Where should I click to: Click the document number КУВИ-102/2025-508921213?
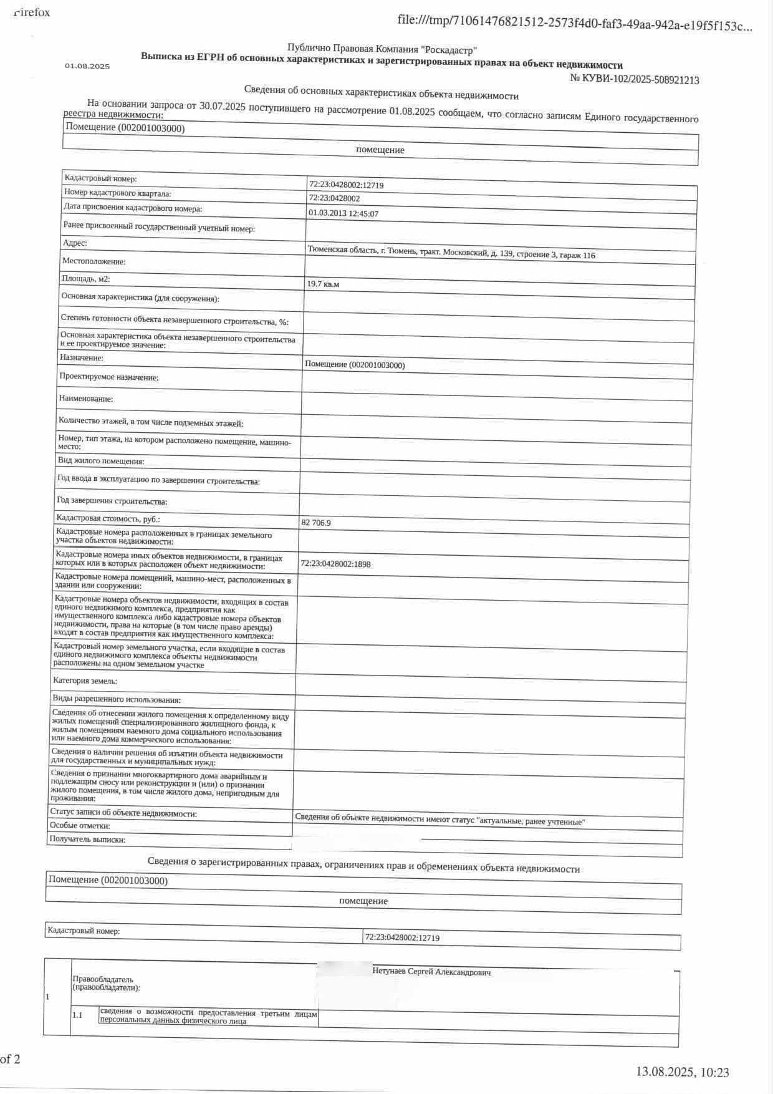click(635, 80)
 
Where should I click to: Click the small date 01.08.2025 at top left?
click(87, 66)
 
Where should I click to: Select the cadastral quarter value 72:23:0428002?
click(334, 198)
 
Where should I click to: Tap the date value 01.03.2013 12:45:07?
click(343, 213)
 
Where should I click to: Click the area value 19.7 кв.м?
click(323, 284)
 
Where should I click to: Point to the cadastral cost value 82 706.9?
click(316, 523)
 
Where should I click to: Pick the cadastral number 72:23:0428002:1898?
click(335, 564)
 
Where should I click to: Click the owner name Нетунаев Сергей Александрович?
click(431, 972)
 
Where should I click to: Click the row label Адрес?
click(75, 243)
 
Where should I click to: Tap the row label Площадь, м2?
click(86, 279)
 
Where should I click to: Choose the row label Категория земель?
click(85, 680)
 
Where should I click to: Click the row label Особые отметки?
click(80, 826)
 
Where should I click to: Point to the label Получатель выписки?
click(87, 840)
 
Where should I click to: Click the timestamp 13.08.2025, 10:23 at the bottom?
click(682, 1072)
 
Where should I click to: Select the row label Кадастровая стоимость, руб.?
click(108, 518)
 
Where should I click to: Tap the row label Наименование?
click(86, 399)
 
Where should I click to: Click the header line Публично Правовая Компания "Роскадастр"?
click(382, 49)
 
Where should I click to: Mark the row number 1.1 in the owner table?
click(77, 1015)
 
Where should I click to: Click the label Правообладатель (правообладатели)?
click(106, 983)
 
